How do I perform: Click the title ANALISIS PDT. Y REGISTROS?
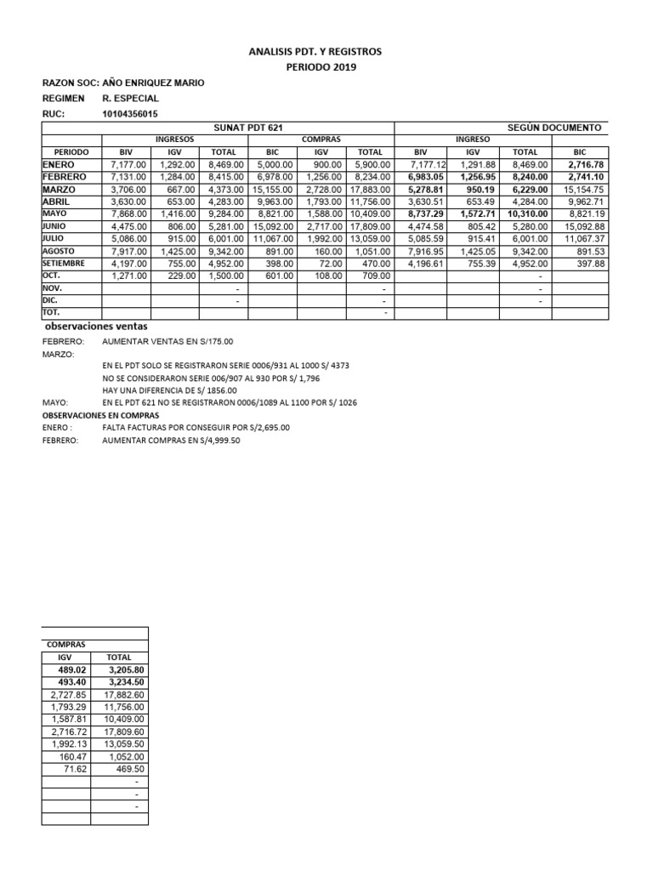(326, 52)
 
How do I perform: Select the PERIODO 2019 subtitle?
(326, 67)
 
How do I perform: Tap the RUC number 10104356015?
(129, 114)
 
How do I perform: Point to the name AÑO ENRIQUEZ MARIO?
(153, 83)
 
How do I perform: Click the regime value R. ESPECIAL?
(130, 99)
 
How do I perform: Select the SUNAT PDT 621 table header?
(248, 127)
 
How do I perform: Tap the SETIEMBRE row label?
(65, 264)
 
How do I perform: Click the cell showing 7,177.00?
(128, 164)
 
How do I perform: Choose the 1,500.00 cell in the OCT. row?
(224, 276)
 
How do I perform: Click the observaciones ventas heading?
(94, 327)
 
